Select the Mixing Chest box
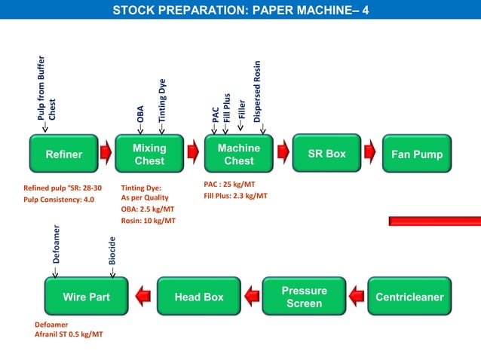click(149, 154)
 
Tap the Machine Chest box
click(238, 154)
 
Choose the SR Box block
click(326, 154)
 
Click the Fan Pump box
click(417, 154)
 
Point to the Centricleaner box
click(409, 297)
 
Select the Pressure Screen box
click(304, 297)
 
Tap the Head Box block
click(199, 297)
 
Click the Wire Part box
click(86, 297)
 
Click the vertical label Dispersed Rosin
click(257, 91)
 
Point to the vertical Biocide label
click(112, 252)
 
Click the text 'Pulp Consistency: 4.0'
click(60, 200)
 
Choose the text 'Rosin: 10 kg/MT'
click(149, 221)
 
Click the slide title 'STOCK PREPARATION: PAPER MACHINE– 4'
click(240, 11)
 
